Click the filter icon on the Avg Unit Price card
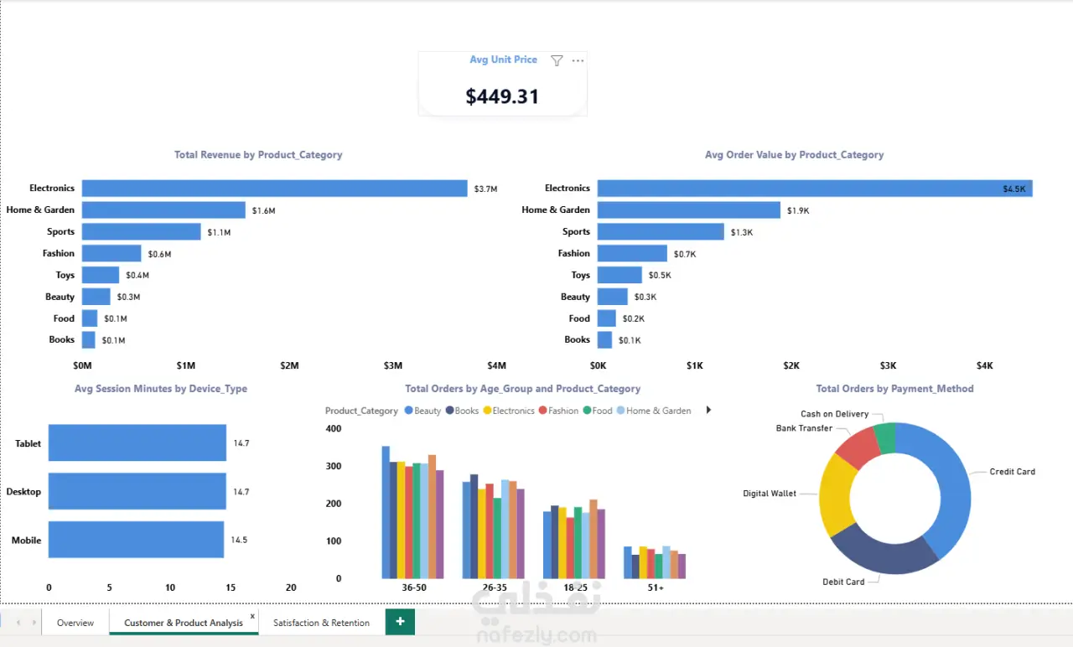point(556,61)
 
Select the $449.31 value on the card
point(502,96)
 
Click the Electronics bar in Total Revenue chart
point(274,189)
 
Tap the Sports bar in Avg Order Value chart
point(661,232)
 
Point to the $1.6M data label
point(263,210)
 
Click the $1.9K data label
point(798,210)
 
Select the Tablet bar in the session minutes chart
point(137,443)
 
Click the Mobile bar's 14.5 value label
point(239,540)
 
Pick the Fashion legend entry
point(558,411)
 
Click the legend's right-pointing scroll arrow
point(708,410)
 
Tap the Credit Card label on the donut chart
point(1012,472)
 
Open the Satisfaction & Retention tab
point(321,623)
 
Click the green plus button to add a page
point(400,622)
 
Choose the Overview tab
point(75,623)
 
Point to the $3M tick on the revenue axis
point(393,366)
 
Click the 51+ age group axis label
point(656,587)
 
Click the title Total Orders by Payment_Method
point(894,389)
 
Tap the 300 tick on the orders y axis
point(334,466)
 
